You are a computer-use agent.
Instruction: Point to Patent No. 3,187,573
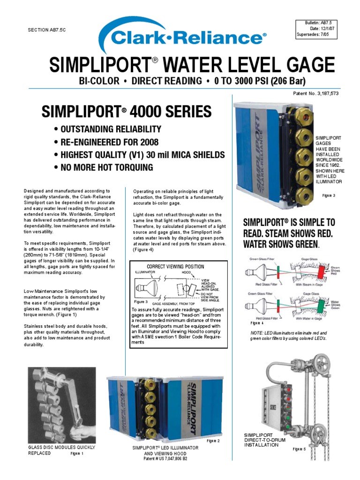tap(315, 94)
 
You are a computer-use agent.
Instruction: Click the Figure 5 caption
tap(299, 449)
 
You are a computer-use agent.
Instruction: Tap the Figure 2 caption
tap(213, 441)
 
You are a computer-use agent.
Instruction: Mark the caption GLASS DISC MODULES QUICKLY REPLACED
tap(61, 450)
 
